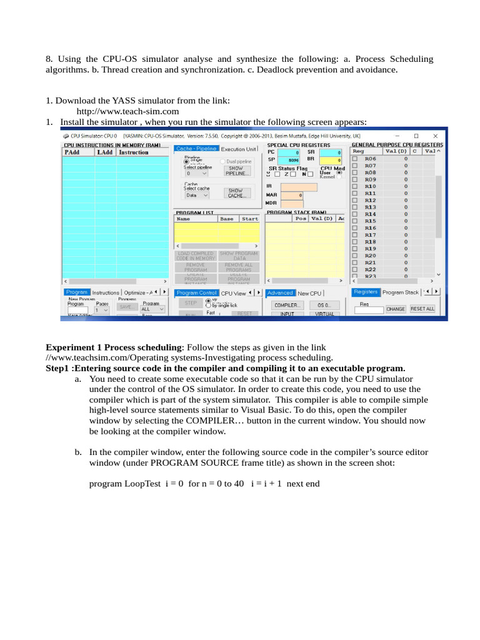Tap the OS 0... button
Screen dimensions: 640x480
pos(324,305)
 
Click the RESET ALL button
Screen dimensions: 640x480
pos(422,309)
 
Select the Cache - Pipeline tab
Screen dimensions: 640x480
pos(196,149)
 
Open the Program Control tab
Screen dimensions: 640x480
pos(196,292)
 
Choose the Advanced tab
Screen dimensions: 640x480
pos(280,292)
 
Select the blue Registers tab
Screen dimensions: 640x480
pos(366,292)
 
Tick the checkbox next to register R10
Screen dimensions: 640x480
pos(355,186)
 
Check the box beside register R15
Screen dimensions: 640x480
pos(355,221)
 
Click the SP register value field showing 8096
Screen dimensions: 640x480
pos(293,160)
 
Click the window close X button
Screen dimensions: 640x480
pos(437,136)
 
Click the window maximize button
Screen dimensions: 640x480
pos(416,136)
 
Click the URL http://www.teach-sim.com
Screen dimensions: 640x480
pos(127,111)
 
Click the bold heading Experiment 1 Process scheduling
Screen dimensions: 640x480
pos(114,347)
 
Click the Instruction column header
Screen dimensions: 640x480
pos(134,152)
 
